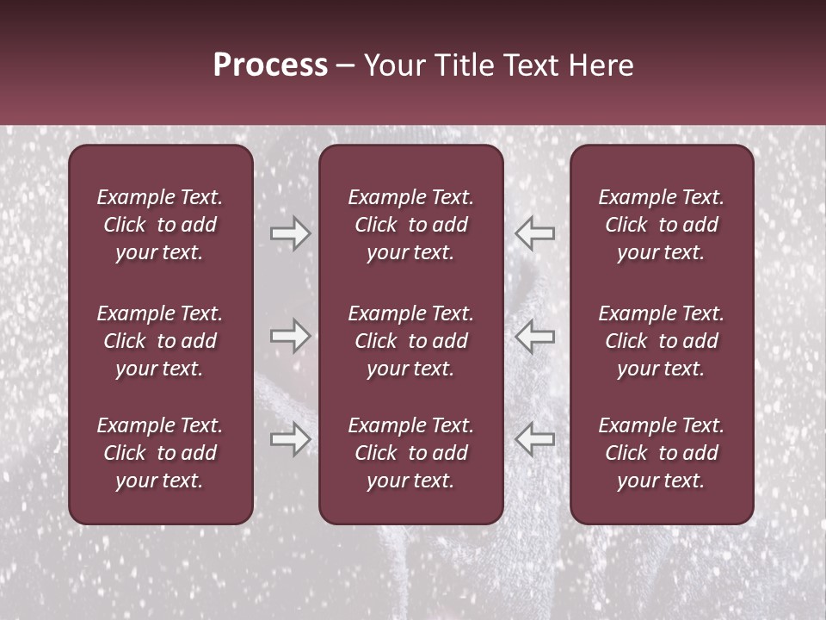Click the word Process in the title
pyautogui.click(x=270, y=65)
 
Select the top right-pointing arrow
pyautogui.click(x=290, y=233)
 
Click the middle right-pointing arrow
pyautogui.click(x=290, y=336)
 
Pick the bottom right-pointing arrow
pyautogui.click(x=290, y=439)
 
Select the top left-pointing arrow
pyautogui.click(x=534, y=233)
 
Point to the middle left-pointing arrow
pyautogui.click(x=534, y=336)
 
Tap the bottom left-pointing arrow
pyautogui.click(x=534, y=439)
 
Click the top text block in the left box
pyautogui.click(x=160, y=225)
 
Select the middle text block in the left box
pyautogui.click(x=160, y=341)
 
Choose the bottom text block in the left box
pyautogui.click(x=160, y=453)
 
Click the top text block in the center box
pyautogui.click(x=410, y=225)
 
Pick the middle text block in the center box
pyautogui.click(x=410, y=341)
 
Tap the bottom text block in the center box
pyautogui.click(x=410, y=453)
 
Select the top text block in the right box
pyautogui.click(x=661, y=225)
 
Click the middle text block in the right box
pyautogui.click(x=661, y=341)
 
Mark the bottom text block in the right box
pyautogui.click(x=661, y=453)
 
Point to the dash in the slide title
pyautogui.click(x=346, y=66)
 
